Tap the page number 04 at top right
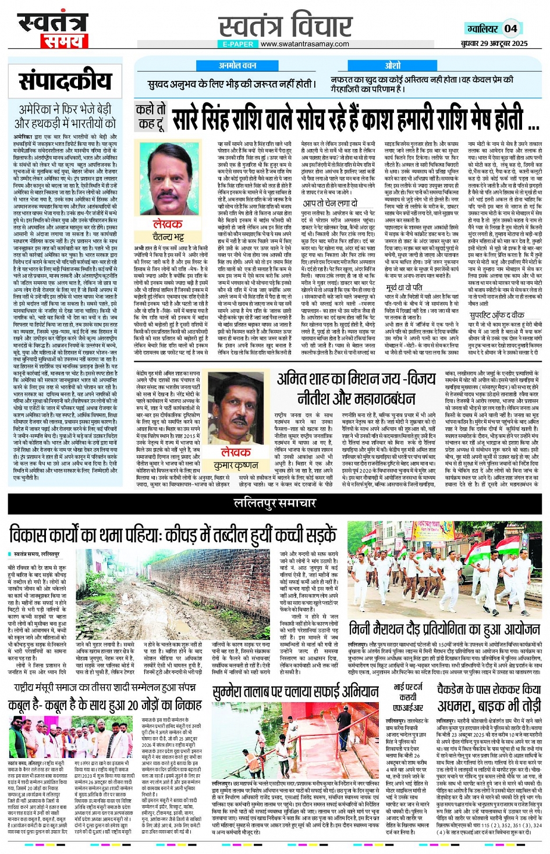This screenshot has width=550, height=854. tap(510, 28)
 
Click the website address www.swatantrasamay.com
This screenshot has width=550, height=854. tap(305, 44)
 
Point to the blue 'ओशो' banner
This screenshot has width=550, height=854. tap(392, 65)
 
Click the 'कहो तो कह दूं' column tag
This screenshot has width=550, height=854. tap(150, 116)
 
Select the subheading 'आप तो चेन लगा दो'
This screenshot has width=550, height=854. tap(330, 203)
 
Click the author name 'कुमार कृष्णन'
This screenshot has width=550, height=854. tap(236, 465)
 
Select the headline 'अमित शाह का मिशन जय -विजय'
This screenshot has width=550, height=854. tap(356, 379)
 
